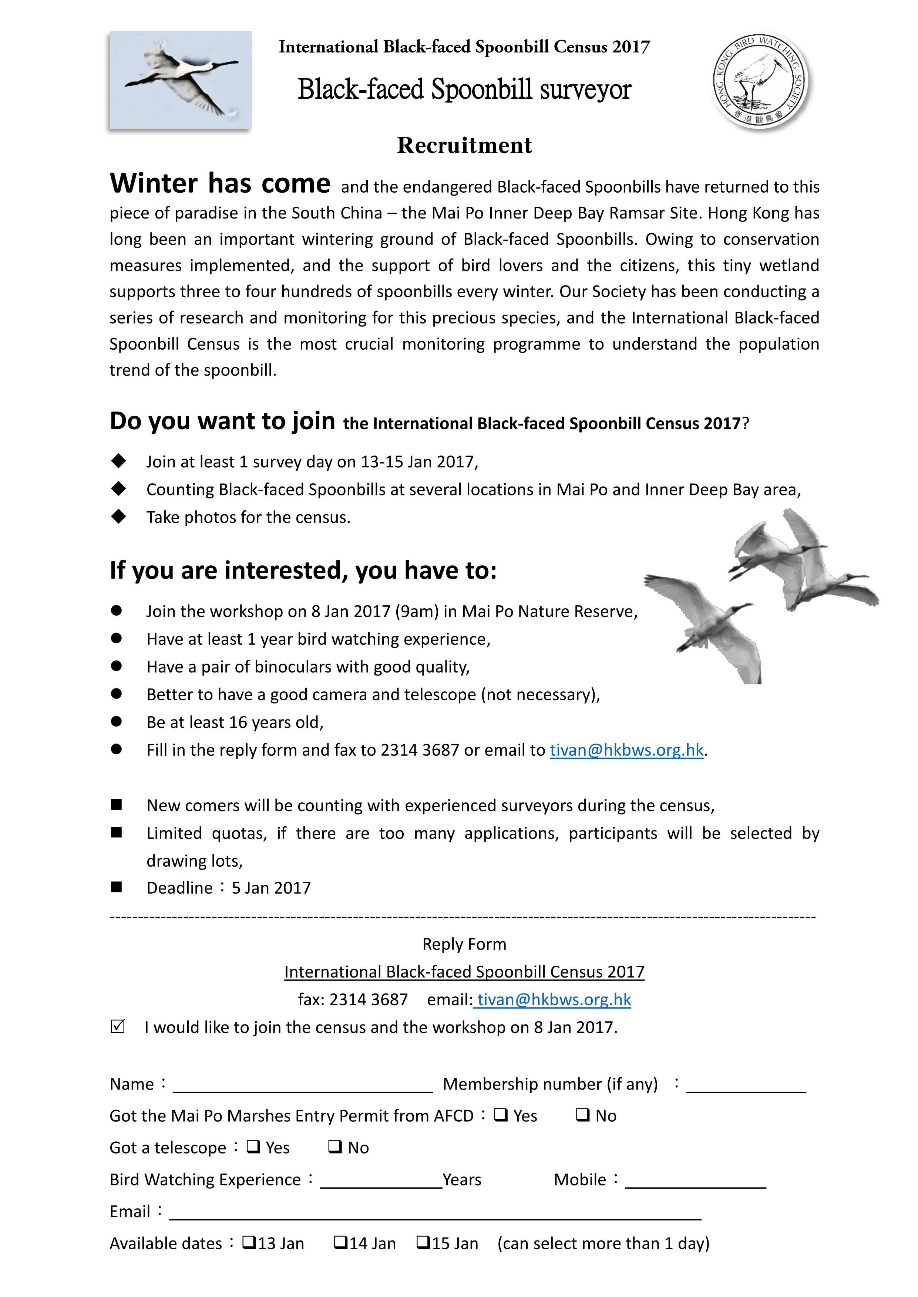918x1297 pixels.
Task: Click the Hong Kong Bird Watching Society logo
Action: coord(759,81)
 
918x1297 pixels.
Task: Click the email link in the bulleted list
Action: coord(626,750)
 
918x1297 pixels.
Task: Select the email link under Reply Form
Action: coord(553,999)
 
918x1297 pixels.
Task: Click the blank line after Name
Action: coord(302,1086)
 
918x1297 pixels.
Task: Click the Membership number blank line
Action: coord(746,1086)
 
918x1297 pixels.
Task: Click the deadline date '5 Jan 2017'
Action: coord(271,888)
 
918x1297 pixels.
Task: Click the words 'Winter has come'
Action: coord(220,184)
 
